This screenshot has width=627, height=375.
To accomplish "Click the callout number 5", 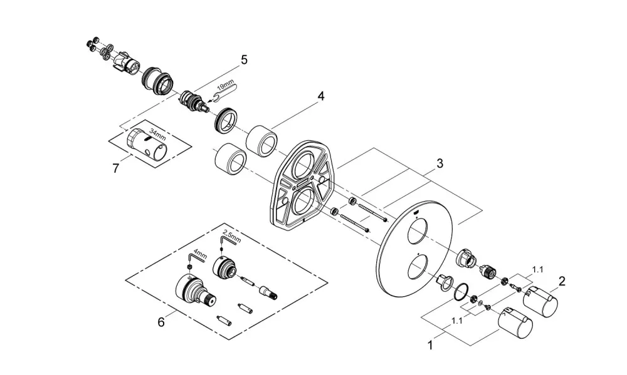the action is tap(244, 60).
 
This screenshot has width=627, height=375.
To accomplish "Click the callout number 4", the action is tap(320, 96).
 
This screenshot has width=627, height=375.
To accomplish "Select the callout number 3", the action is tap(440, 163).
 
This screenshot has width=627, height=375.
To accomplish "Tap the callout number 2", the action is tap(562, 282).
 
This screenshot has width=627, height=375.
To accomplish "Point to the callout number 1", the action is tap(430, 345).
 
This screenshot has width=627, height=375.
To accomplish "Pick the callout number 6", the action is tap(161, 322).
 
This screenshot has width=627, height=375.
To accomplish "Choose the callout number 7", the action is tap(115, 168).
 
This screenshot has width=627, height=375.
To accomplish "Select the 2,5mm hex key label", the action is tap(232, 236).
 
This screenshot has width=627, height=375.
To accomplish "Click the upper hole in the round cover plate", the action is tap(417, 234).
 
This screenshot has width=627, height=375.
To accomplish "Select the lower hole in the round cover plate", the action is tap(417, 267).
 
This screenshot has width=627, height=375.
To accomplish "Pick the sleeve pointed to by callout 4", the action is tap(262, 141).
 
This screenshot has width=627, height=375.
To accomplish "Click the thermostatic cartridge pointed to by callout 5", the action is tap(194, 101).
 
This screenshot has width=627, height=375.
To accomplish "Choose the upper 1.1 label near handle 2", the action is tap(538, 270).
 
